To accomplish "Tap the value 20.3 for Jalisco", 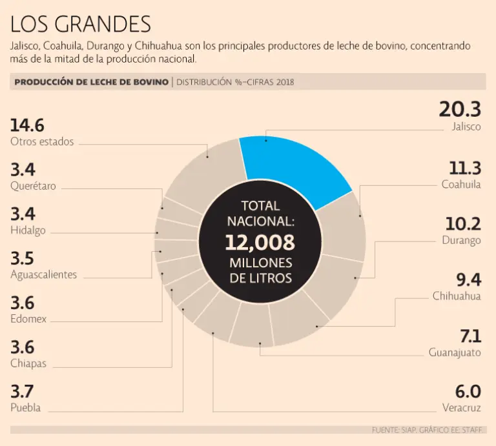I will click(x=460, y=109).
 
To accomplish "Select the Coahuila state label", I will click(x=461, y=185).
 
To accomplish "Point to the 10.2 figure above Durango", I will click(x=462, y=224).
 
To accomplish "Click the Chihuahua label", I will click(x=457, y=296).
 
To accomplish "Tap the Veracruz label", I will click(x=462, y=407).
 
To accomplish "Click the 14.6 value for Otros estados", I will click(x=27, y=125).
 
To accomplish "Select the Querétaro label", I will click(x=33, y=186).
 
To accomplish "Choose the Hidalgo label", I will click(x=28, y=230).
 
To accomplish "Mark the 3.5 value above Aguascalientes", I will click(x=23, y=258).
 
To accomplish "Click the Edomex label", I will click(x=28, y=319).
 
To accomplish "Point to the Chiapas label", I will click(x=28, y=363).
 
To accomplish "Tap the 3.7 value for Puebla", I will click(x=23, y=391).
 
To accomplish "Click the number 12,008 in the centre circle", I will click(x=260, y=243).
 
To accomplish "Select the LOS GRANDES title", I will click(x=81, y=24).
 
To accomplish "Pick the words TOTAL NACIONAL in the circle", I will click(x=260, y=214).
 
